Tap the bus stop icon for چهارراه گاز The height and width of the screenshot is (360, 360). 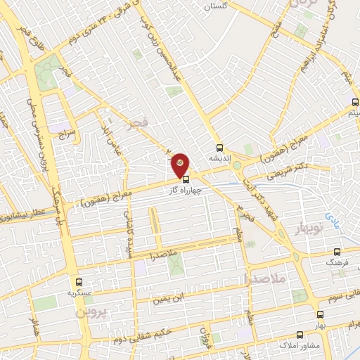point(186,179)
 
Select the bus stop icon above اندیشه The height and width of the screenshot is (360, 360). point(220,148)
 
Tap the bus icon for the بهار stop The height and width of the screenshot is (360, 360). point(320,316)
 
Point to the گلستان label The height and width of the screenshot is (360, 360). point(217,6)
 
